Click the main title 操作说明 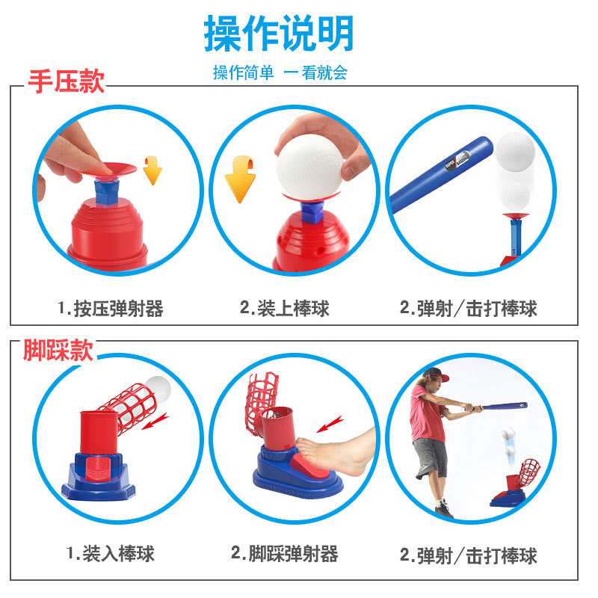tap(279, 34)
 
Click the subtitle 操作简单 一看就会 tap(280, 73)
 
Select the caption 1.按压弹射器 tap(110, 308)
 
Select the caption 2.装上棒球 tap(284, 308)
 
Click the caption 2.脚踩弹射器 tap(284, 553)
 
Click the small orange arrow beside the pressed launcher tap(152, 170)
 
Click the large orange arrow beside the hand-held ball tap(240, 178)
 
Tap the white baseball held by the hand tap(308, 165)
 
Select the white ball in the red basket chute tap(158, 389)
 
